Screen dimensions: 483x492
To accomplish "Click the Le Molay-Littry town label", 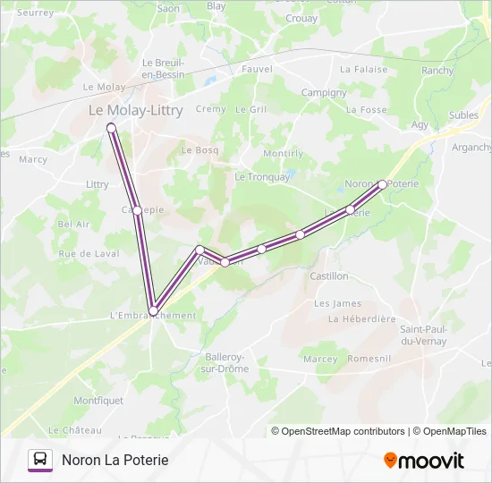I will pos(135,110).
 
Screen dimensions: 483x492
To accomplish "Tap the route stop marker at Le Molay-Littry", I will pos(112,128).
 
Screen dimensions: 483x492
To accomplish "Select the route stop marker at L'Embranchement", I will pos(153,310).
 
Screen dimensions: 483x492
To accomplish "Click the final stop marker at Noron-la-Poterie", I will pos(382,184).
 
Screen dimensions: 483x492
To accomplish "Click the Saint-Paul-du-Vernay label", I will pos(424,335).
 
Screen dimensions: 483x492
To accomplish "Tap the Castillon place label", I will pos(328,276).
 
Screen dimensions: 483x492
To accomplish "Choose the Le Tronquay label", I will pos(262,177).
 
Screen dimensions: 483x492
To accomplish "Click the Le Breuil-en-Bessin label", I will pos(163,68).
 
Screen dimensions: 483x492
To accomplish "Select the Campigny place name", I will pos(323,92).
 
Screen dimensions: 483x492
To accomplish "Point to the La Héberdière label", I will pos(361,318).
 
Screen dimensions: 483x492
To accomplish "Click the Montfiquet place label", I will pos(98,401).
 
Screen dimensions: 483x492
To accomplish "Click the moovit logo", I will pos(424,461).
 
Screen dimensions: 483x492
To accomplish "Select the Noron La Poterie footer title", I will pos(115,460).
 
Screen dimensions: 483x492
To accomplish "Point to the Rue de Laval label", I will pos(89,254).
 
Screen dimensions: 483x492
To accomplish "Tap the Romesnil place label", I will pos(369,359).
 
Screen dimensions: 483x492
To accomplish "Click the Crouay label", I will pos(301,18).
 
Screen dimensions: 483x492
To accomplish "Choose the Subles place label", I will pos(463,114).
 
